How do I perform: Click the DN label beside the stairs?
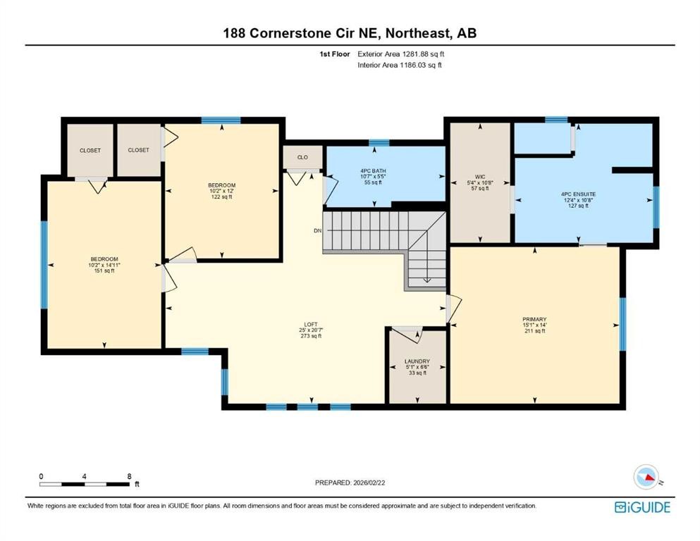coord(318,230)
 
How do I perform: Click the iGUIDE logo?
coord(642,507)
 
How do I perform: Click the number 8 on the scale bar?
coord(128,475)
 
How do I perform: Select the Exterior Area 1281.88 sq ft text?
coord(401,54)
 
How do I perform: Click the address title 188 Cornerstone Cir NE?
coord(350,33)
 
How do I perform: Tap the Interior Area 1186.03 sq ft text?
coord(400,65)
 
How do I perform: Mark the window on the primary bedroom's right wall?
coord(622,324)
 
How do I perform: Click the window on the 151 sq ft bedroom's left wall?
coord(44,265)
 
